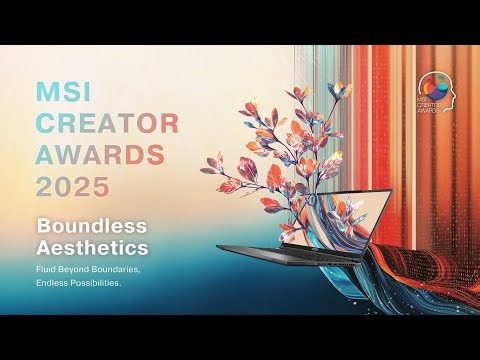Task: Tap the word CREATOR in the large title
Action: pos(107,123)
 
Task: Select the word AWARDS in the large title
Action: pos(100,154)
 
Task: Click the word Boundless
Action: pos(85,224)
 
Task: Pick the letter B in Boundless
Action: pos(43,224)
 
